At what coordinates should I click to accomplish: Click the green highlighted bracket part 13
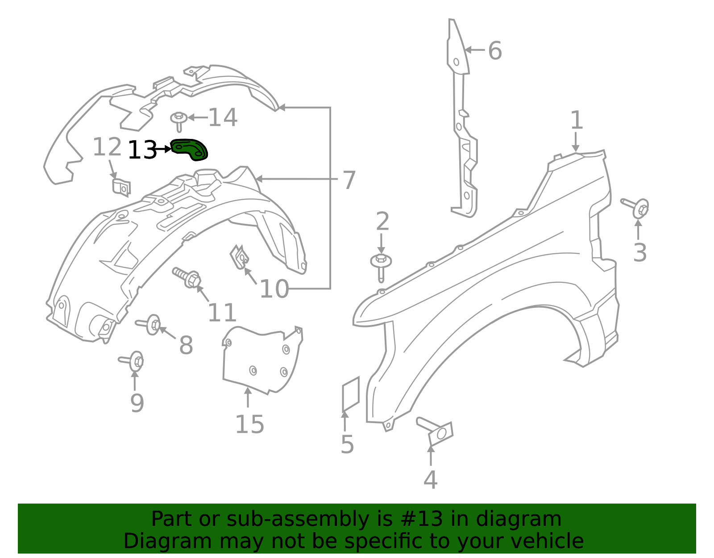190,149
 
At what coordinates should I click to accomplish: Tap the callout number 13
142,150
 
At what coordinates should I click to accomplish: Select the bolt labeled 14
179,120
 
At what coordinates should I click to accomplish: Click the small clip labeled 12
121,187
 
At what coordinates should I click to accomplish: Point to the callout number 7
349,180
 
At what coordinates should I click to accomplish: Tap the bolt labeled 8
149,324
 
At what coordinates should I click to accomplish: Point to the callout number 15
249,424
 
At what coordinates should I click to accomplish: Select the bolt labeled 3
637,207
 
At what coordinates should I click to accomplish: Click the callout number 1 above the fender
577,121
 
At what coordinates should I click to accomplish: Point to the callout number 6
495,50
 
